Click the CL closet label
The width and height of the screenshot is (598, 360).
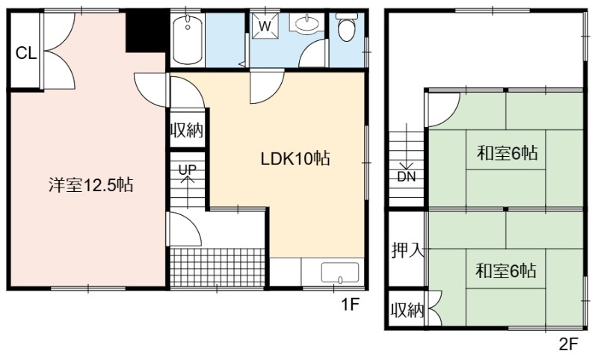pos(26,53)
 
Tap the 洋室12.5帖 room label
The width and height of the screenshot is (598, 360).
pos(90,185)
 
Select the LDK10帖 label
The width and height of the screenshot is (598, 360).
pos(295,158)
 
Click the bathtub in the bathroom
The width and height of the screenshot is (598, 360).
pos(188,40)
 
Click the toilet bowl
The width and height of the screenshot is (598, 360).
pos(346,28)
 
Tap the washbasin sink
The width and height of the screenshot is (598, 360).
pos(307,24)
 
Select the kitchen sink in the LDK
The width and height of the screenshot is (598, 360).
pos(340,273)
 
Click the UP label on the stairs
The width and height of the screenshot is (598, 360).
pos(188,170)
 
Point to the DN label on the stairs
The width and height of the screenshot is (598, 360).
pos(407,177)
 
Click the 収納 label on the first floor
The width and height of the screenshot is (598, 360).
pos(187,131)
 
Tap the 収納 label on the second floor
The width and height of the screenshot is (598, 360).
pos(407,311)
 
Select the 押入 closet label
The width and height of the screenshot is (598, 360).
pos(407,250)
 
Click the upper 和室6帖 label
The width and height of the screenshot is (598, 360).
pos(508,153)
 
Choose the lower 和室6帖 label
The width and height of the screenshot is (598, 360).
pos(506,271)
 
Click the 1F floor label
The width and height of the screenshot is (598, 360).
pos(350,304)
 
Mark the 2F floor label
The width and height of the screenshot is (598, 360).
pos(569,344)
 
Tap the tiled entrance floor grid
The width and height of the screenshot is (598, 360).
pos(218,267)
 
